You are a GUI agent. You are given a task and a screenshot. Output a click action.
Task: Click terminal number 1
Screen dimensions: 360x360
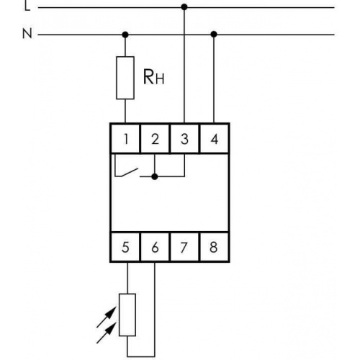click(126, 139)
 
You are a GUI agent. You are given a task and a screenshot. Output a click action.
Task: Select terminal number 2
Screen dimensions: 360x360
click(155, 139)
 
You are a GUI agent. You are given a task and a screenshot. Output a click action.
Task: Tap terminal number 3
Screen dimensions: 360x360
click(184, 139)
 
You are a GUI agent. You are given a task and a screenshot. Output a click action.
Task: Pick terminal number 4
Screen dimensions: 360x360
click(214, 139)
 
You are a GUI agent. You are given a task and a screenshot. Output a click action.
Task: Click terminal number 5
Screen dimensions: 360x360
click(125, 247)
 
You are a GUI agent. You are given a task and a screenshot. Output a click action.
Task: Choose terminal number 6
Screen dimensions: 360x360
click(155, 247)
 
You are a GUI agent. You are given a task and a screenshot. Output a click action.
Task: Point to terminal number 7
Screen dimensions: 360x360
click(184, 247)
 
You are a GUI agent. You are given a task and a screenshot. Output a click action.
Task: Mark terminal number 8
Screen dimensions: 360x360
click(214, 247)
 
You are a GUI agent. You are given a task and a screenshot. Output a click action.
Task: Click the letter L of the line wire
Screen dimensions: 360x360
click(27, 6)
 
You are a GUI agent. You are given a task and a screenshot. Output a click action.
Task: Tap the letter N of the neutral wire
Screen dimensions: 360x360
click(27, 34)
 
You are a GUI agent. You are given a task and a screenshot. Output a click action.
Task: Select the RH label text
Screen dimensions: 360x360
click(153, 77)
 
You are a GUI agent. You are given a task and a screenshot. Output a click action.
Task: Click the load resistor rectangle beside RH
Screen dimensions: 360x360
click(125, 78)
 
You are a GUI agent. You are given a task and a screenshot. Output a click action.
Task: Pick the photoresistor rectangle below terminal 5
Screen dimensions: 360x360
click(127, 315)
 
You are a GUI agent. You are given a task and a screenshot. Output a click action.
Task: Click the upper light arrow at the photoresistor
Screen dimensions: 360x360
click(107, 317)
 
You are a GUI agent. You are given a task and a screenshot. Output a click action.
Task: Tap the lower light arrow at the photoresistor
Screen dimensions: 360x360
click(107, 333)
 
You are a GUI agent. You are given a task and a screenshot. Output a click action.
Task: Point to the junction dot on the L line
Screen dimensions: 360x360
click(184, 7)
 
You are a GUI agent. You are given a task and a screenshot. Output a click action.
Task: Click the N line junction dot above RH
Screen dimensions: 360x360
click(125, 35)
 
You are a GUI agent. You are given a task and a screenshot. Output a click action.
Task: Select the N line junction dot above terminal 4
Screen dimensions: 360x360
click(214, 35)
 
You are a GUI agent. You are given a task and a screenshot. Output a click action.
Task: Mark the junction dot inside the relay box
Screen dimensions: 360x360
click(155, 177)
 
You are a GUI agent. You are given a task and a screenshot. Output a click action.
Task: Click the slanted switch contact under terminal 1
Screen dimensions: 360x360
click(130, 173)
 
